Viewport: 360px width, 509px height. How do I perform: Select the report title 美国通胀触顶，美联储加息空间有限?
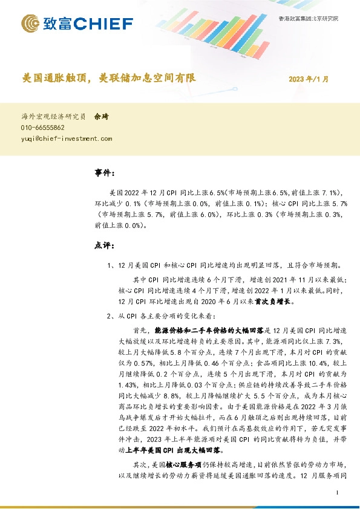(109, 79)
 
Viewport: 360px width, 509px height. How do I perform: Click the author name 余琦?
(102, 117)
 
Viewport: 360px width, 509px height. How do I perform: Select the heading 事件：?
(105, 173)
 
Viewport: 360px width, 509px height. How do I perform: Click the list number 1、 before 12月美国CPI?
(110, 264)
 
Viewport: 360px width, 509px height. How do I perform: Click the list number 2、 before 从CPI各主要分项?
(110, 316)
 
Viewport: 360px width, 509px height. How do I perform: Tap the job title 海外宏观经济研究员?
(53, 117)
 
